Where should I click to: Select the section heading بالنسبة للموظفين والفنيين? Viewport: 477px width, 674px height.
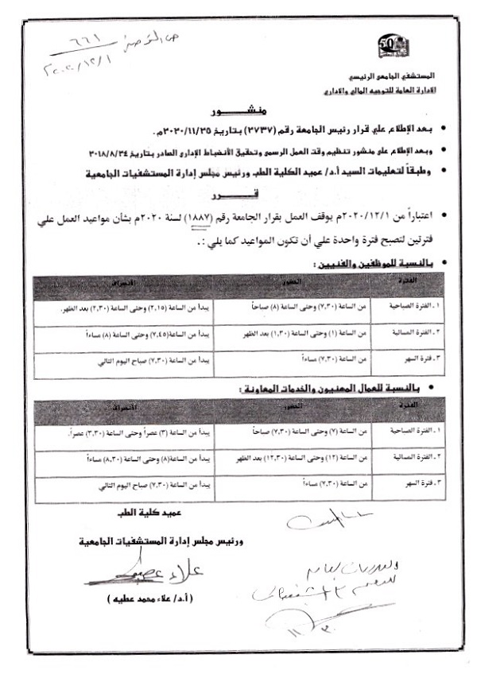[363, 261]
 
